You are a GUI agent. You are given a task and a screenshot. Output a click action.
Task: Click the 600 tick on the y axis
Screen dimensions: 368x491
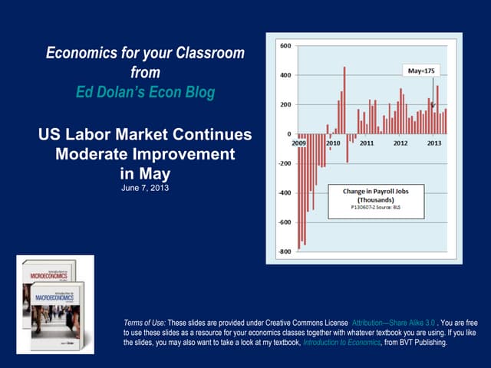284,46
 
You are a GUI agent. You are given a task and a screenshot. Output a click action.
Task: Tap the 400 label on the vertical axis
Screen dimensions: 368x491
284,75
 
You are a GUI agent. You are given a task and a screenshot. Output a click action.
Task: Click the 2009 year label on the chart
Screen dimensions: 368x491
302,143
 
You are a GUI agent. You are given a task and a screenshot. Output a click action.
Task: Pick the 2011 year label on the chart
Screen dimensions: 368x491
367,143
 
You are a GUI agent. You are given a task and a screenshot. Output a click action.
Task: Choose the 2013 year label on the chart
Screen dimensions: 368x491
434,143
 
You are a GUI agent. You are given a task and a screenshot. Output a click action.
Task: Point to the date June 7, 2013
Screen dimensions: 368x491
145,187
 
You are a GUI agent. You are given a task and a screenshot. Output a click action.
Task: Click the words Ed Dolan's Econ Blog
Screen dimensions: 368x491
145,91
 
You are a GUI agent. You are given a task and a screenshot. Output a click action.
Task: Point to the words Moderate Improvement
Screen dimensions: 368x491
145,153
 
